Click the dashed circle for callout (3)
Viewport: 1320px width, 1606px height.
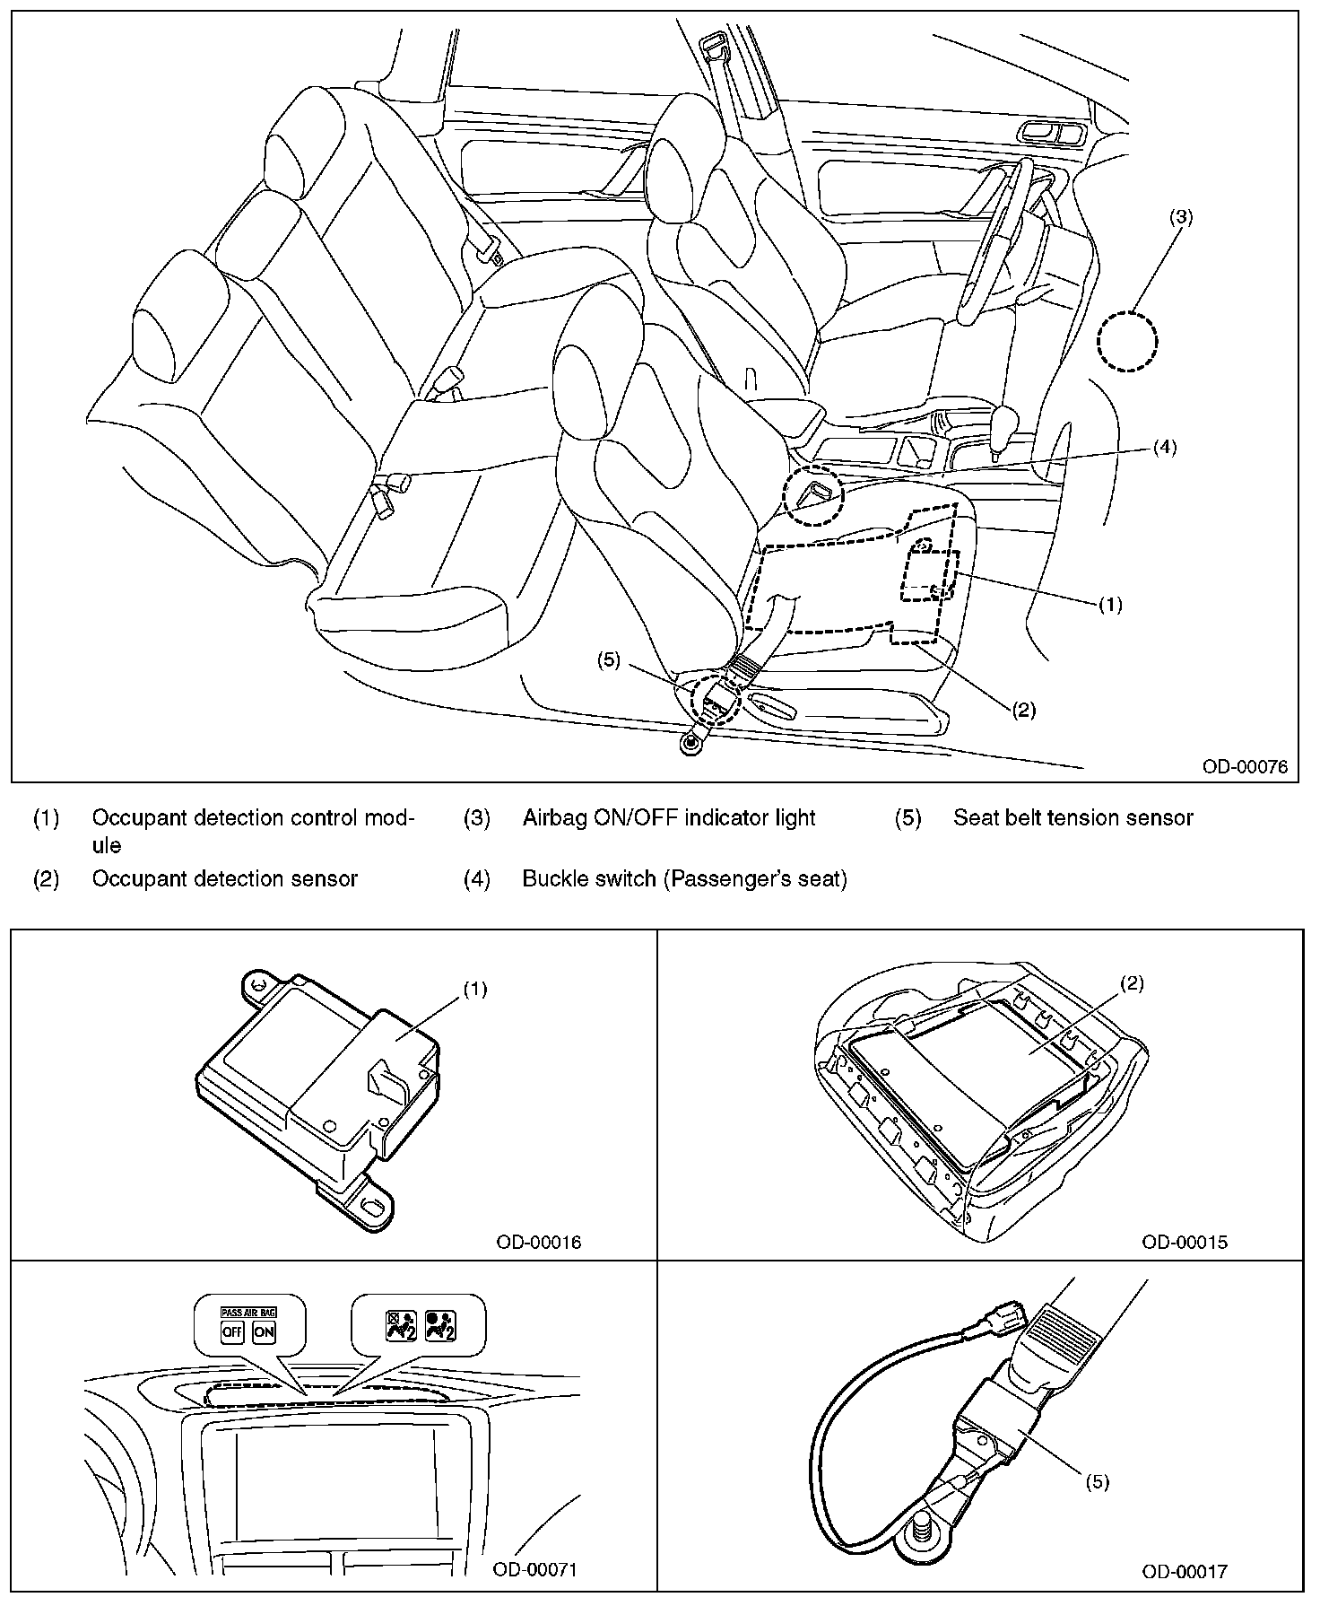(x=1127, y=341)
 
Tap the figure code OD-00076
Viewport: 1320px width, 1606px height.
(x=1245, y=766)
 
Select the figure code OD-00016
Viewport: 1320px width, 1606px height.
(x=538, y=1242)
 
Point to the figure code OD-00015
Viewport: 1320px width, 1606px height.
(x=1184, y=1242)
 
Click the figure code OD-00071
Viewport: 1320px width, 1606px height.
(x=534, y=1569)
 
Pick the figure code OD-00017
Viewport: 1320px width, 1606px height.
(x=1184, y=1571)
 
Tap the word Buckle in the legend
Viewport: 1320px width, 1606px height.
(x=552, y=878)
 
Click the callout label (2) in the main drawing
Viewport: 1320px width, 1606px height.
(x=1024, y=710)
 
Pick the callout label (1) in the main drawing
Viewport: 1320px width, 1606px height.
(x=1110, y=604)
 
